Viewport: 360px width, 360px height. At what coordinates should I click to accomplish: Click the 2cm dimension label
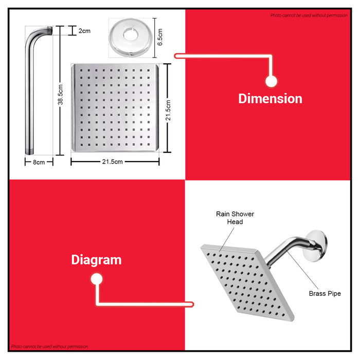(84, 31)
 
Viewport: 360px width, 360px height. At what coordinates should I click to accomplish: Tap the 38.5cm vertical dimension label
(60, 94)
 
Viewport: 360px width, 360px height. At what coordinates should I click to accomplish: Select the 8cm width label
(39, 163)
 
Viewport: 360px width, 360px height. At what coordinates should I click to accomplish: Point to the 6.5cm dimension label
(160, 37)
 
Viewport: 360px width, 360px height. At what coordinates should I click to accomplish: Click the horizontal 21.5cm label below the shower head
(112, 161)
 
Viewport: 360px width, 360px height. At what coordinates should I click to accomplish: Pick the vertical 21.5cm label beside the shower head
(168, 110)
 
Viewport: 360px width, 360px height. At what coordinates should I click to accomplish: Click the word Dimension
(270, 99)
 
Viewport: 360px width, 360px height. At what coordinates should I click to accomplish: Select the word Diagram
(97, 260)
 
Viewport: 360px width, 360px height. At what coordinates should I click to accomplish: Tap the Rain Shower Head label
(235, 218)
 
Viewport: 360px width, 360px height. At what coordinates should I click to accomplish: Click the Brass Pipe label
(325, 294)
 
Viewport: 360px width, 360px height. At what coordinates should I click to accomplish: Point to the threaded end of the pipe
(50, 30)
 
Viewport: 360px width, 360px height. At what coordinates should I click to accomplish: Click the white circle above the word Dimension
(272, 81)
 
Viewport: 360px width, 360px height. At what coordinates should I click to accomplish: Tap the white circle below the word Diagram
(97, 279)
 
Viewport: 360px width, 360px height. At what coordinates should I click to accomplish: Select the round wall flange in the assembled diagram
(316, 246)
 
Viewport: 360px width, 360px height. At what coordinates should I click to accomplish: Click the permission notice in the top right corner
(309, 15)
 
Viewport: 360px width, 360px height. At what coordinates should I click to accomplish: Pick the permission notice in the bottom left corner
(49, 347)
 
